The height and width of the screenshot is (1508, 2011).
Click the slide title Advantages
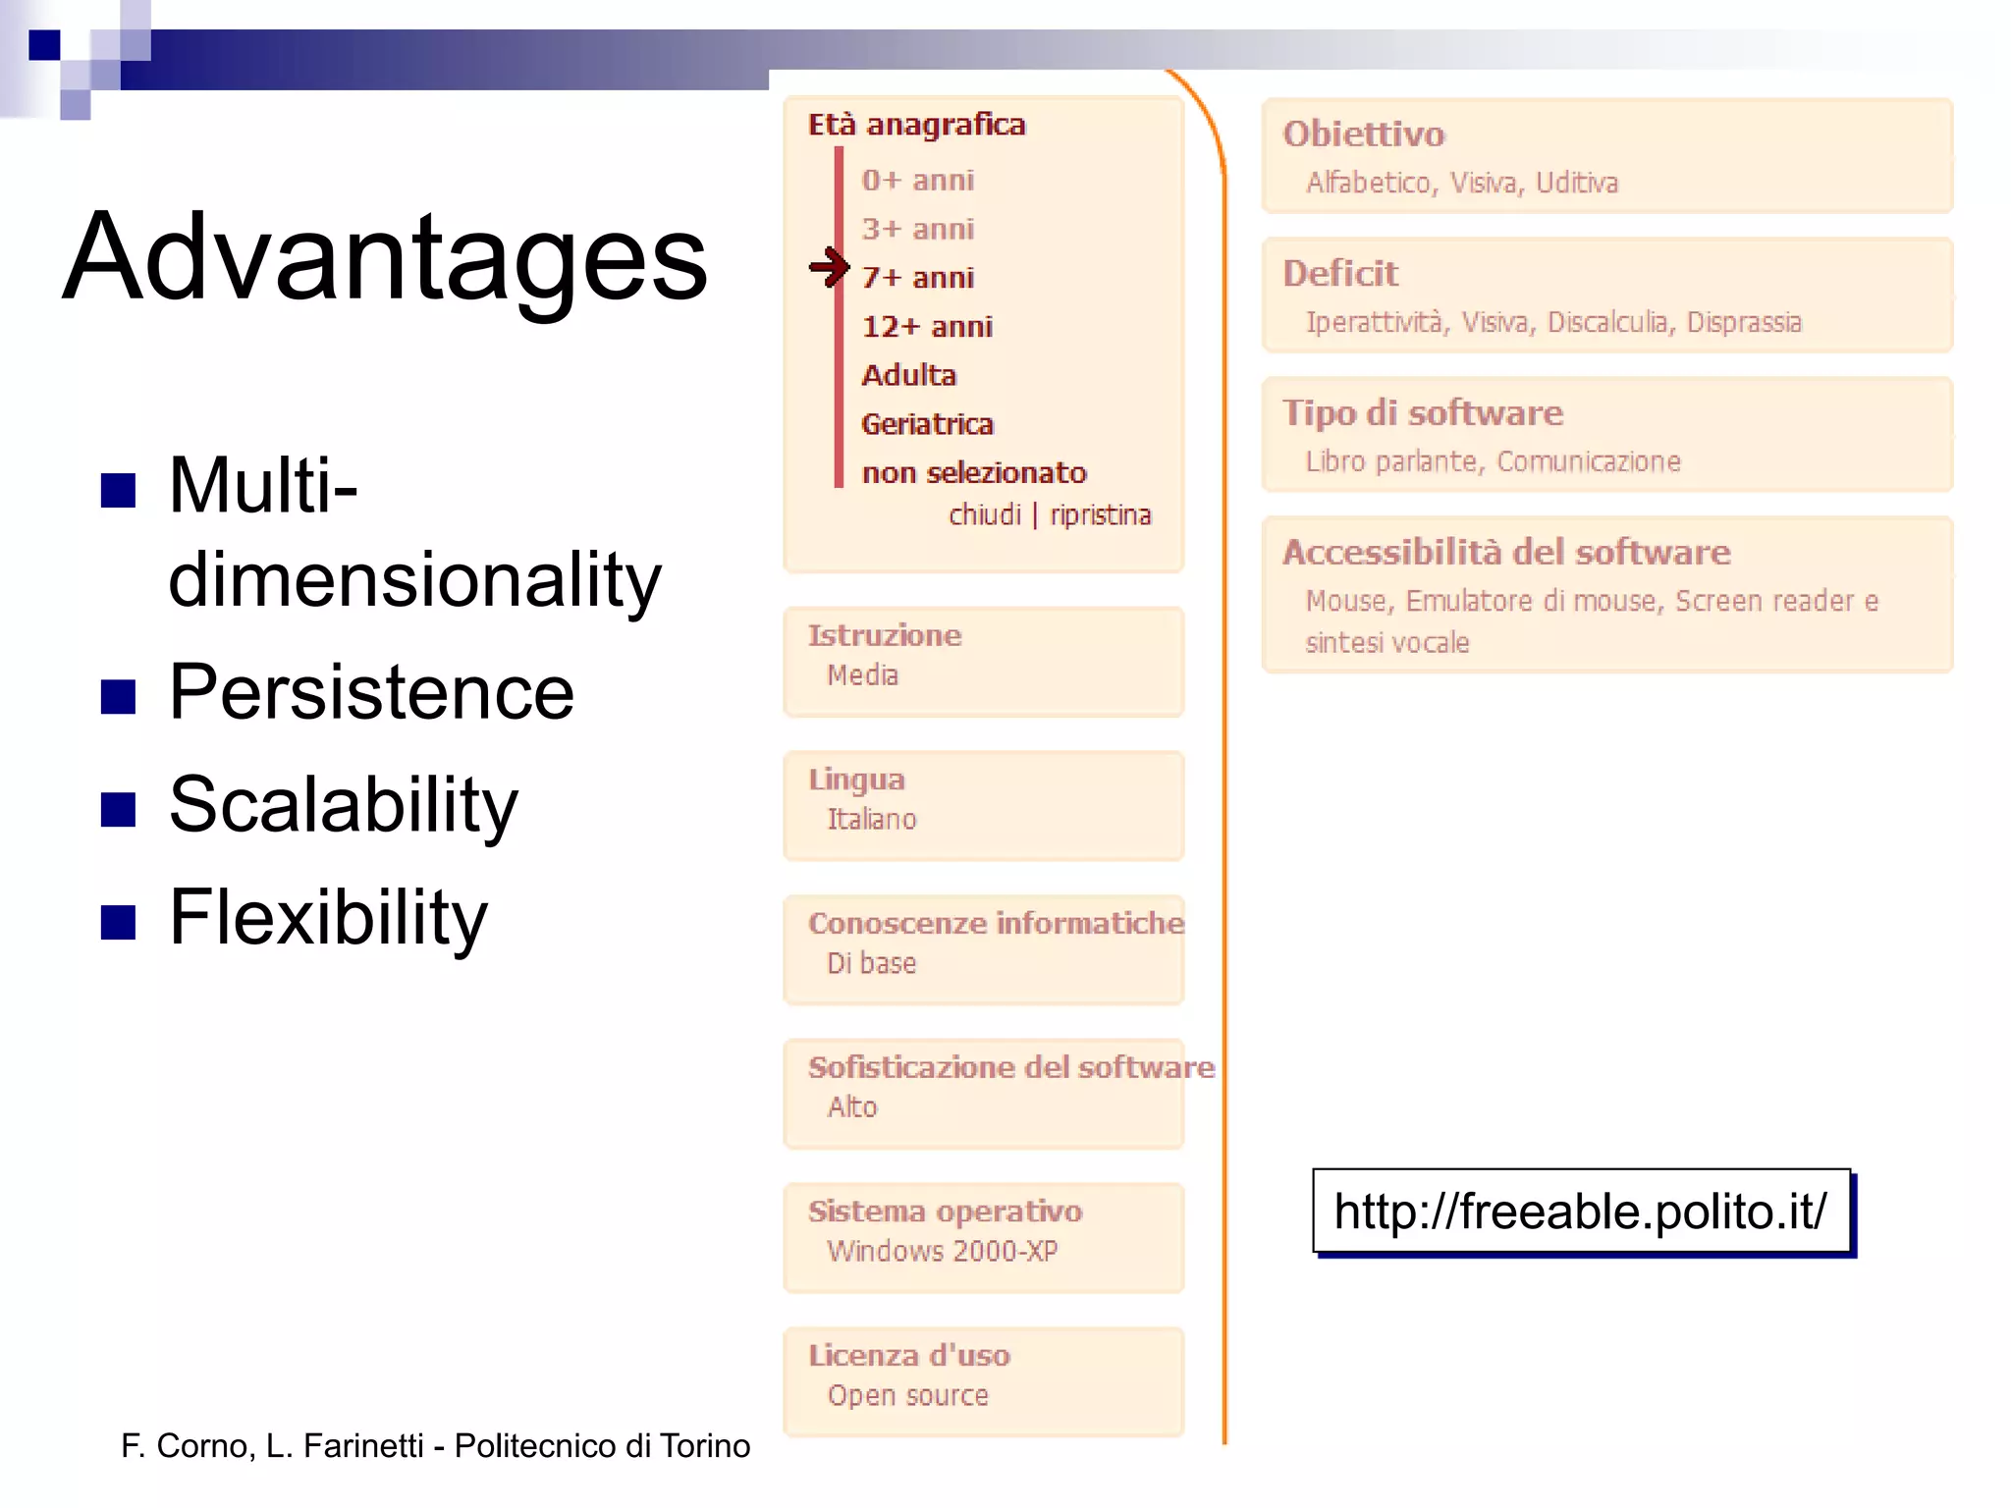coord(384,257)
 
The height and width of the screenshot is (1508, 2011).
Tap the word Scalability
coord(343,805)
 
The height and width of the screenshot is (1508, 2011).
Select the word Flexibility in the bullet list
coord(328,917)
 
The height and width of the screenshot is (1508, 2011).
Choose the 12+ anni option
coord(927,326)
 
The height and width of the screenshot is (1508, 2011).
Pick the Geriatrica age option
coord(927,424)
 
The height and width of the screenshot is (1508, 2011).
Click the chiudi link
coord(984,514)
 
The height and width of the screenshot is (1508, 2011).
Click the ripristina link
coord(1100,514)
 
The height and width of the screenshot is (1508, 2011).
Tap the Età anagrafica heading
coord(916,125)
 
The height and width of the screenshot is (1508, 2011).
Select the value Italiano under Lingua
coord(871,819)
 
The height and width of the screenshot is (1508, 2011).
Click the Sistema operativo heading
coord(945,1211)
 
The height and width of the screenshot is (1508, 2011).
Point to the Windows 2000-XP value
coord(942,1251)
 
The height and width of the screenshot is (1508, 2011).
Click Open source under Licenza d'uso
coord(907,1395)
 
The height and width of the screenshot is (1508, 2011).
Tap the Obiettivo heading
coord(1363,134)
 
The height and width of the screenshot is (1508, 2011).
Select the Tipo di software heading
coord(1422,412)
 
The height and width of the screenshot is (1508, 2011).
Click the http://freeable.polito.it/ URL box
coord(1580,1211)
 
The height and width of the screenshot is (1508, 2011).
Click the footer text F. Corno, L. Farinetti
coord(435,1445)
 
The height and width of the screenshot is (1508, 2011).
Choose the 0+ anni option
coord(917,181)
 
